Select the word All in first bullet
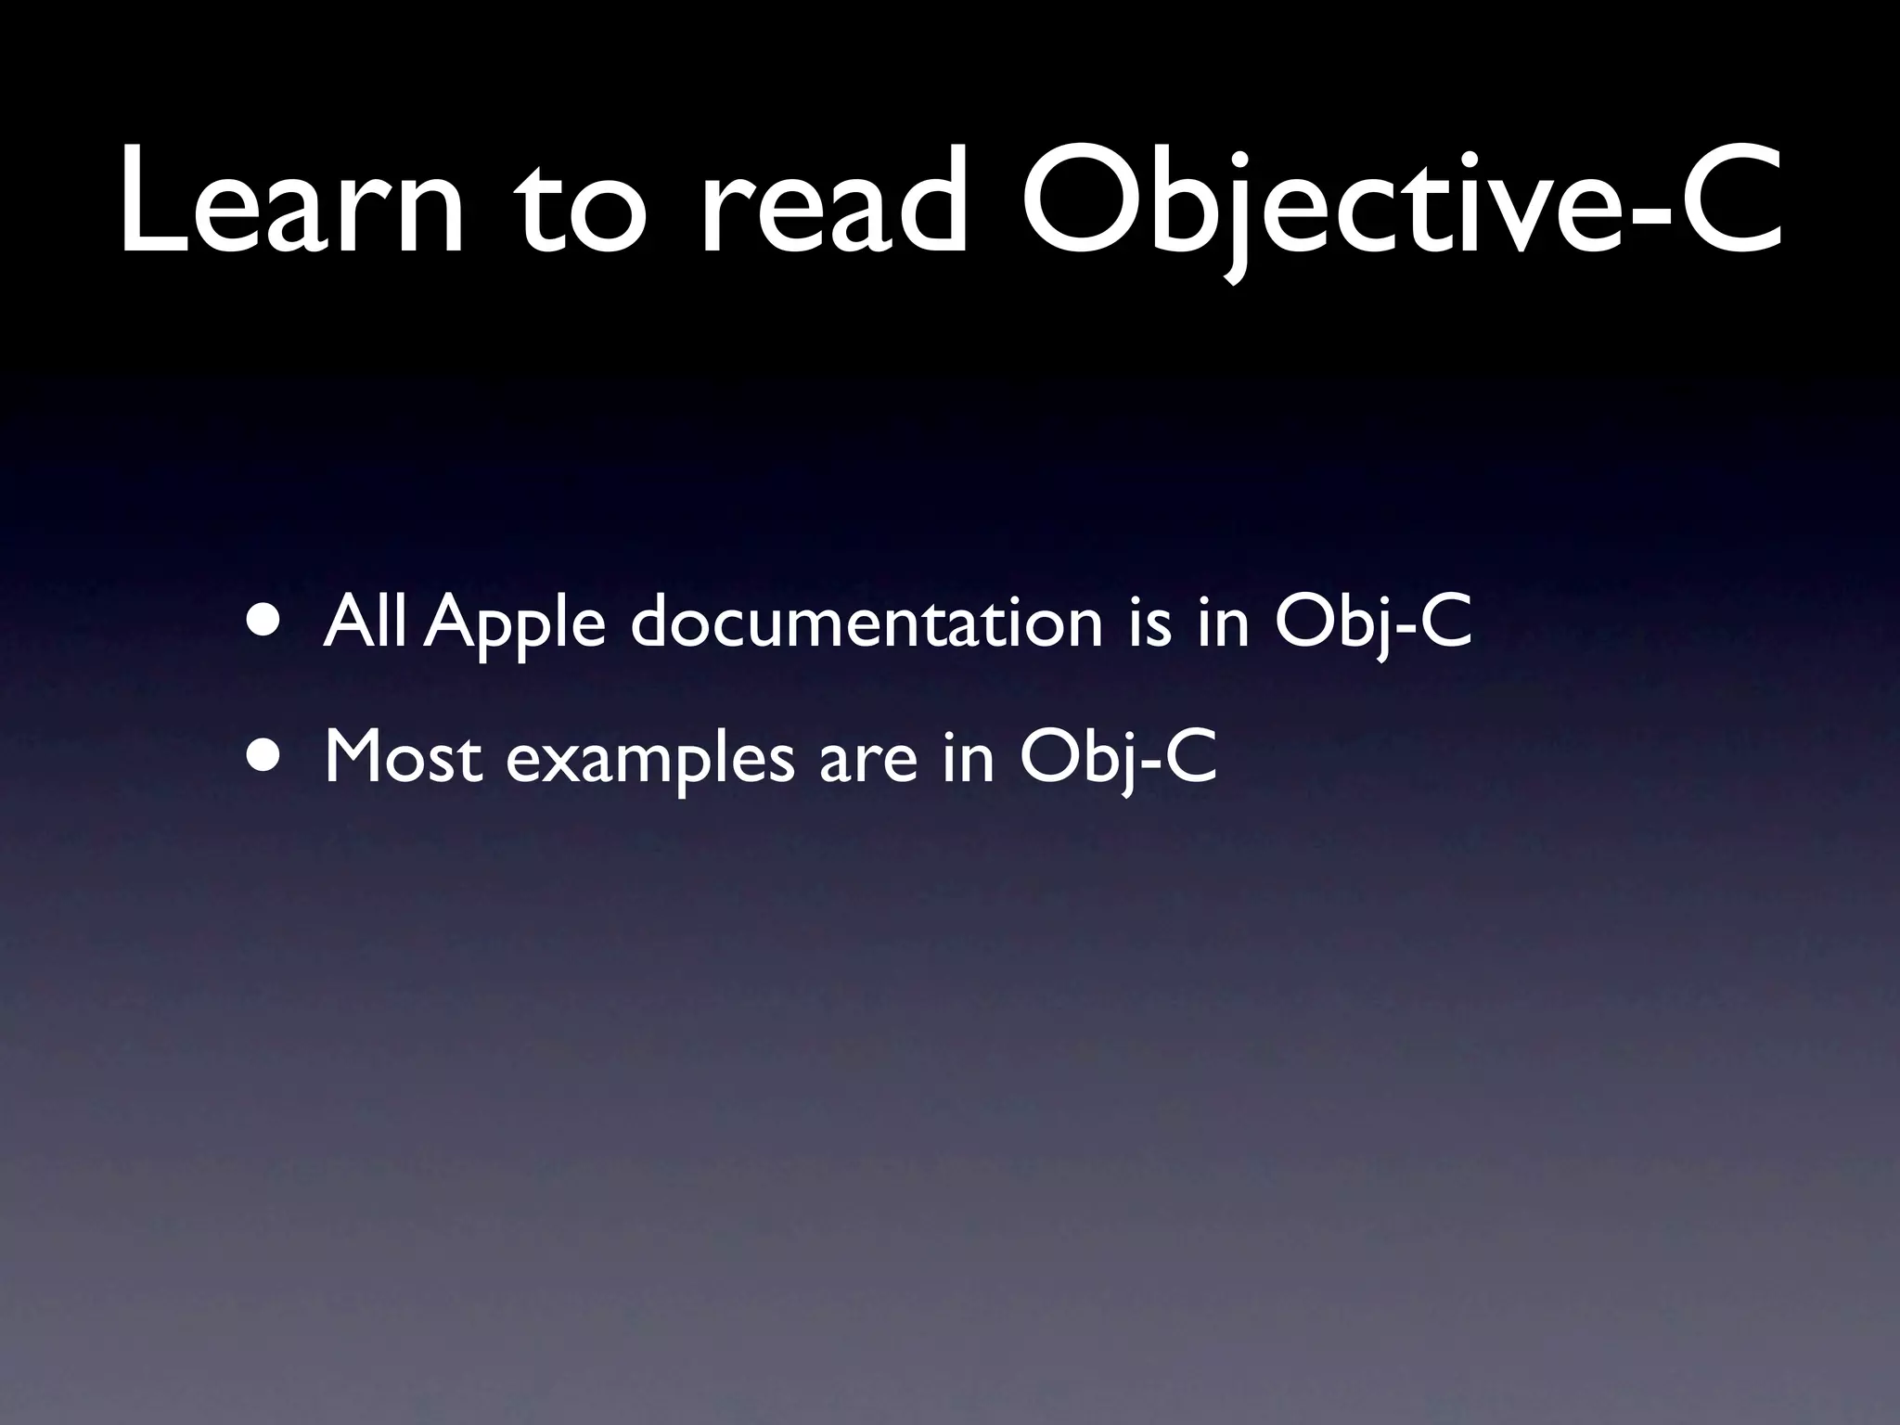(363, 623)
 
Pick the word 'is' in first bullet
(1150, 623)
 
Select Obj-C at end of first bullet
(1373, 624)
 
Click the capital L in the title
(148, 199)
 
